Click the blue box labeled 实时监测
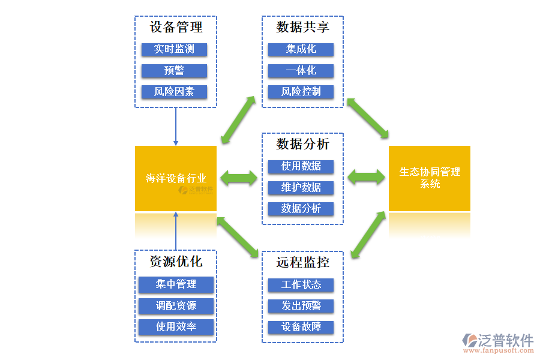(x=174, y=49)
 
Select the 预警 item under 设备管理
(x=174, y=71)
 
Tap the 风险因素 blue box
(x=174, y=92)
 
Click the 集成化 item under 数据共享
(x=301, y=49)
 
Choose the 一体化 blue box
(x=301, y=71)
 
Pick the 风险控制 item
(x=301, y=92)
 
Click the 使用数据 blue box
(x=301, y=166)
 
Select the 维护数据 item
(x=301, y=187)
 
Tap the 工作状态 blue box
(x=301, y=284)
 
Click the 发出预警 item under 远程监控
(x=301, y=306)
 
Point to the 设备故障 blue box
(x=301, y=327)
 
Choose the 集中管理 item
(x=176, y=284)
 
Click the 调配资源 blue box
(x=176, y=306)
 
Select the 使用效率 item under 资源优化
(x=176, y=327)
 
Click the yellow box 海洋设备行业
(x=176, y=178)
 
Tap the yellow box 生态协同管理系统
(x=430, y=178)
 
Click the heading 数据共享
(x=302, y=28)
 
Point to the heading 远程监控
(x=302, y=263)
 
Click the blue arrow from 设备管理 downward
(x=176, y=126)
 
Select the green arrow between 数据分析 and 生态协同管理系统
(x=366, y=176)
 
